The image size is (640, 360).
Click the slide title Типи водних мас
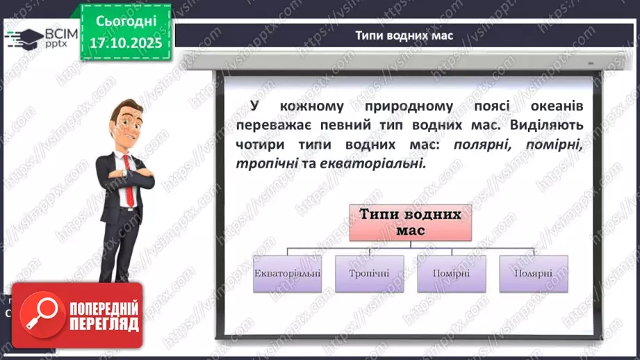(x=404, y=35)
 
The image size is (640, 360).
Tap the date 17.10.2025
(x=126, y=43)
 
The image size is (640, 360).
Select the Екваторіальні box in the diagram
(x=287, y=272)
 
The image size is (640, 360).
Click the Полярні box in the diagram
(x=533, y=272)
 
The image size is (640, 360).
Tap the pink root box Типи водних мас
(x=410, y=222)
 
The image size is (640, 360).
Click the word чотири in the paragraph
(x=262, y=145)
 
